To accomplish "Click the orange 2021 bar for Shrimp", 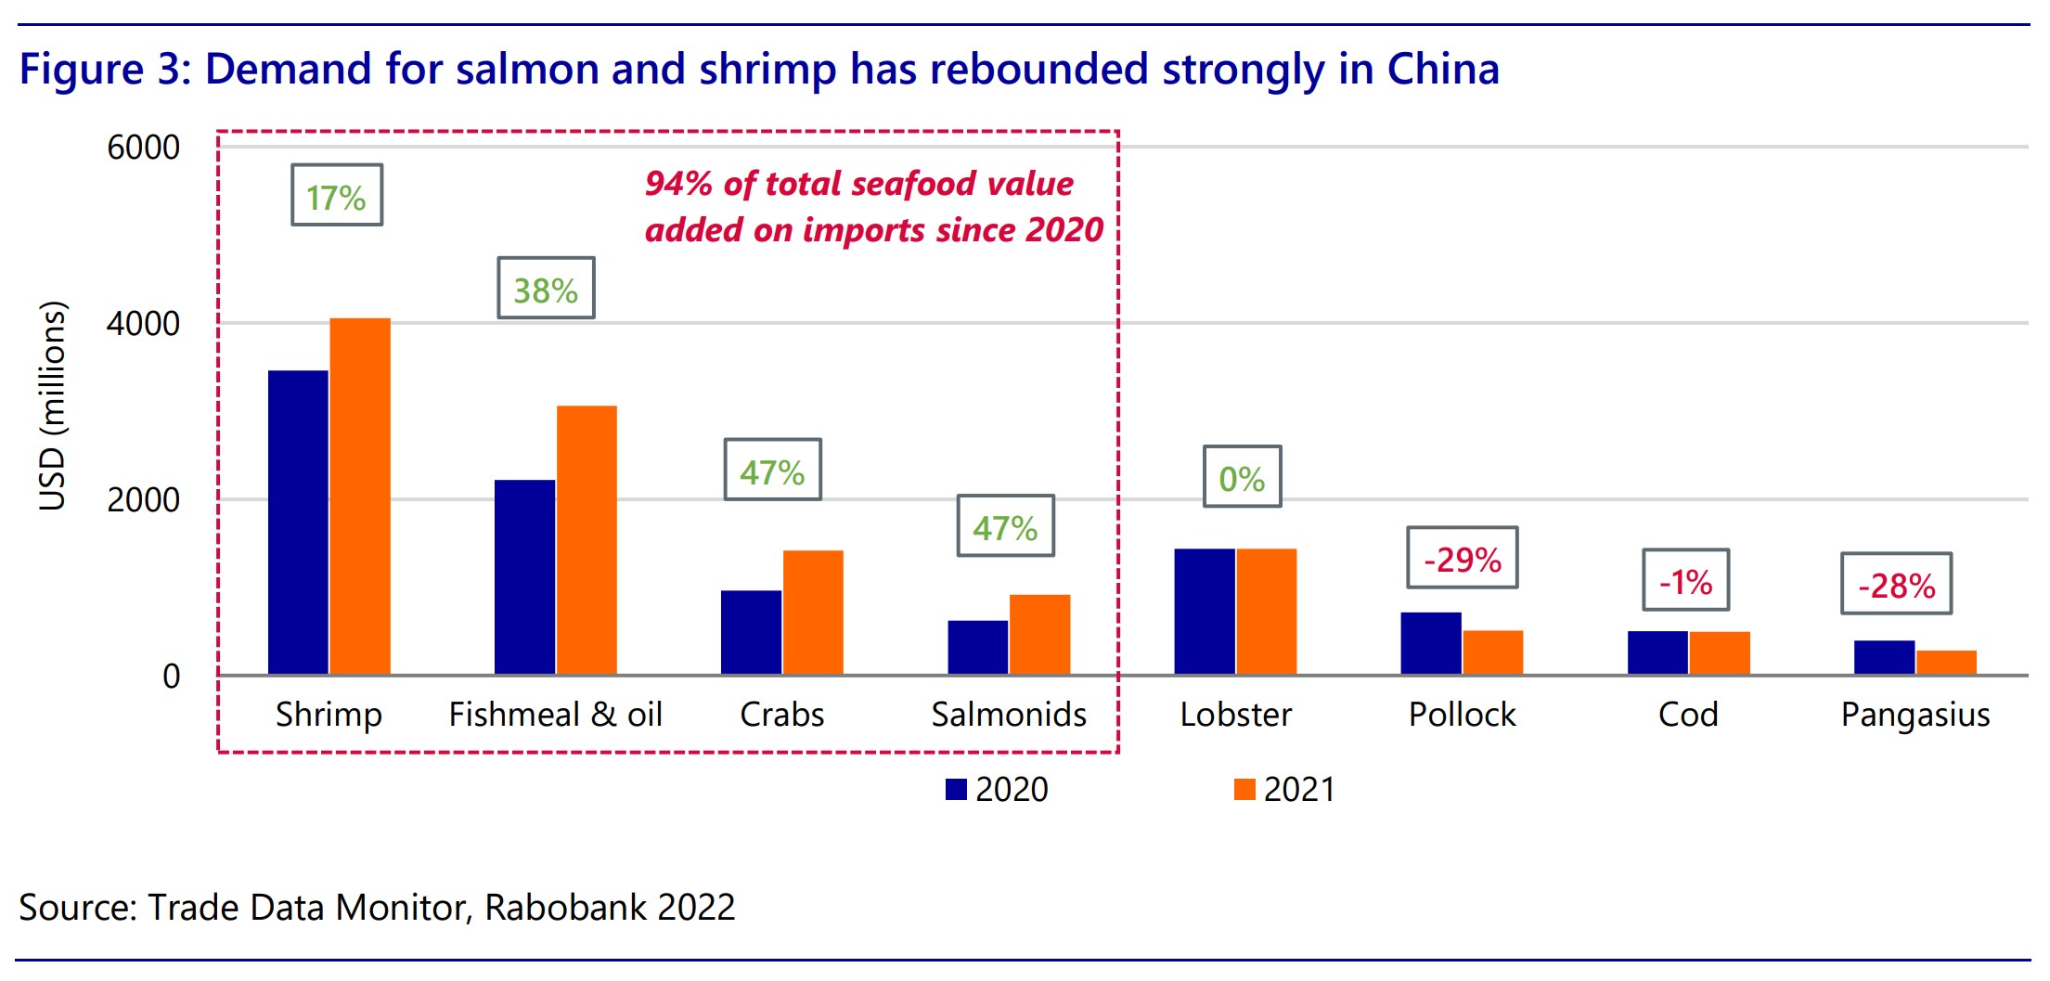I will click(360, 497).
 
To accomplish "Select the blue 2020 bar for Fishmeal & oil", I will click(524, 577).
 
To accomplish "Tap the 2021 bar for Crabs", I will click(813, 613).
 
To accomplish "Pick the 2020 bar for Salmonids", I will click(977, 647).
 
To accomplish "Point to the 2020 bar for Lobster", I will click(1204, 612).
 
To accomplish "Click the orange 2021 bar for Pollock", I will click(1493, 652).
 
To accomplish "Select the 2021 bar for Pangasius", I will click(1946, 663).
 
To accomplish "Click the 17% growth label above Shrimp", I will click(337, 196).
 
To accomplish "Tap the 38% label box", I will click(546, 289).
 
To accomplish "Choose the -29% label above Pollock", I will click(1463, 559).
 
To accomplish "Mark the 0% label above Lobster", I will click(1242, 477).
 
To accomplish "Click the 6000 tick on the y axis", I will click(144, 148).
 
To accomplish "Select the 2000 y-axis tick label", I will click(144, 500).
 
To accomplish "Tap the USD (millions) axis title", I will click(53, 407).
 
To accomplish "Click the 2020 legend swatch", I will click(956, 790).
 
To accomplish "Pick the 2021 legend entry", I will click(1285, 790).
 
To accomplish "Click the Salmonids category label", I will click(1009, 715).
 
